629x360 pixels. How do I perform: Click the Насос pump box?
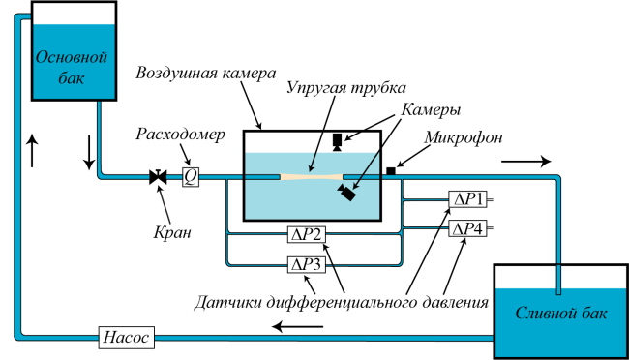click(x=127, y=337)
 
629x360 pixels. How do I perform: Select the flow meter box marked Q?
click(x=190, y=176)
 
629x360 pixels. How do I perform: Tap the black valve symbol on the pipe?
click(x=158, y=176)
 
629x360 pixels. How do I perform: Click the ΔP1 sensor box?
click(x=467, y=199)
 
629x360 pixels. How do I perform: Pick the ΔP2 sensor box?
click(x=307, y=234)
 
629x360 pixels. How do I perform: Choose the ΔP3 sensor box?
click(x=307, y=264)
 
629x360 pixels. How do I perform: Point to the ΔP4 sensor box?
click(x=467, y=228)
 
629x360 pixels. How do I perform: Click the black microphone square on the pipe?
click(x=391, y=171)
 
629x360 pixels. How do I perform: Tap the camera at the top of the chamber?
click(x=337, y=142)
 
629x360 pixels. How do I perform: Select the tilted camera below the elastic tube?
click(x=346, y=193)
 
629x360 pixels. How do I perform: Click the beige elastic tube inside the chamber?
click(x=312, y=176)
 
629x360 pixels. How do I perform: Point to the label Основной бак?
click(x=72, y=67)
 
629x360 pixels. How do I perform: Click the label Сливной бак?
click(x=561, y=314)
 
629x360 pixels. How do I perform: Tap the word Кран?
click(x=172, y=232)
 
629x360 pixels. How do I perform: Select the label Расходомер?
click(x=180, y=135)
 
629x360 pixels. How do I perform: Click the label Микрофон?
click(x=464, y=137)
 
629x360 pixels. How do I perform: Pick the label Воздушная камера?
click(x=206, y=73)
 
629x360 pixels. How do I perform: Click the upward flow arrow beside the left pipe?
click(x=32, y=151)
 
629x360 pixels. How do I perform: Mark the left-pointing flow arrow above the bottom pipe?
click(x=298, y=327)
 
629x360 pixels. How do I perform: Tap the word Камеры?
click(x=431, y=109)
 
